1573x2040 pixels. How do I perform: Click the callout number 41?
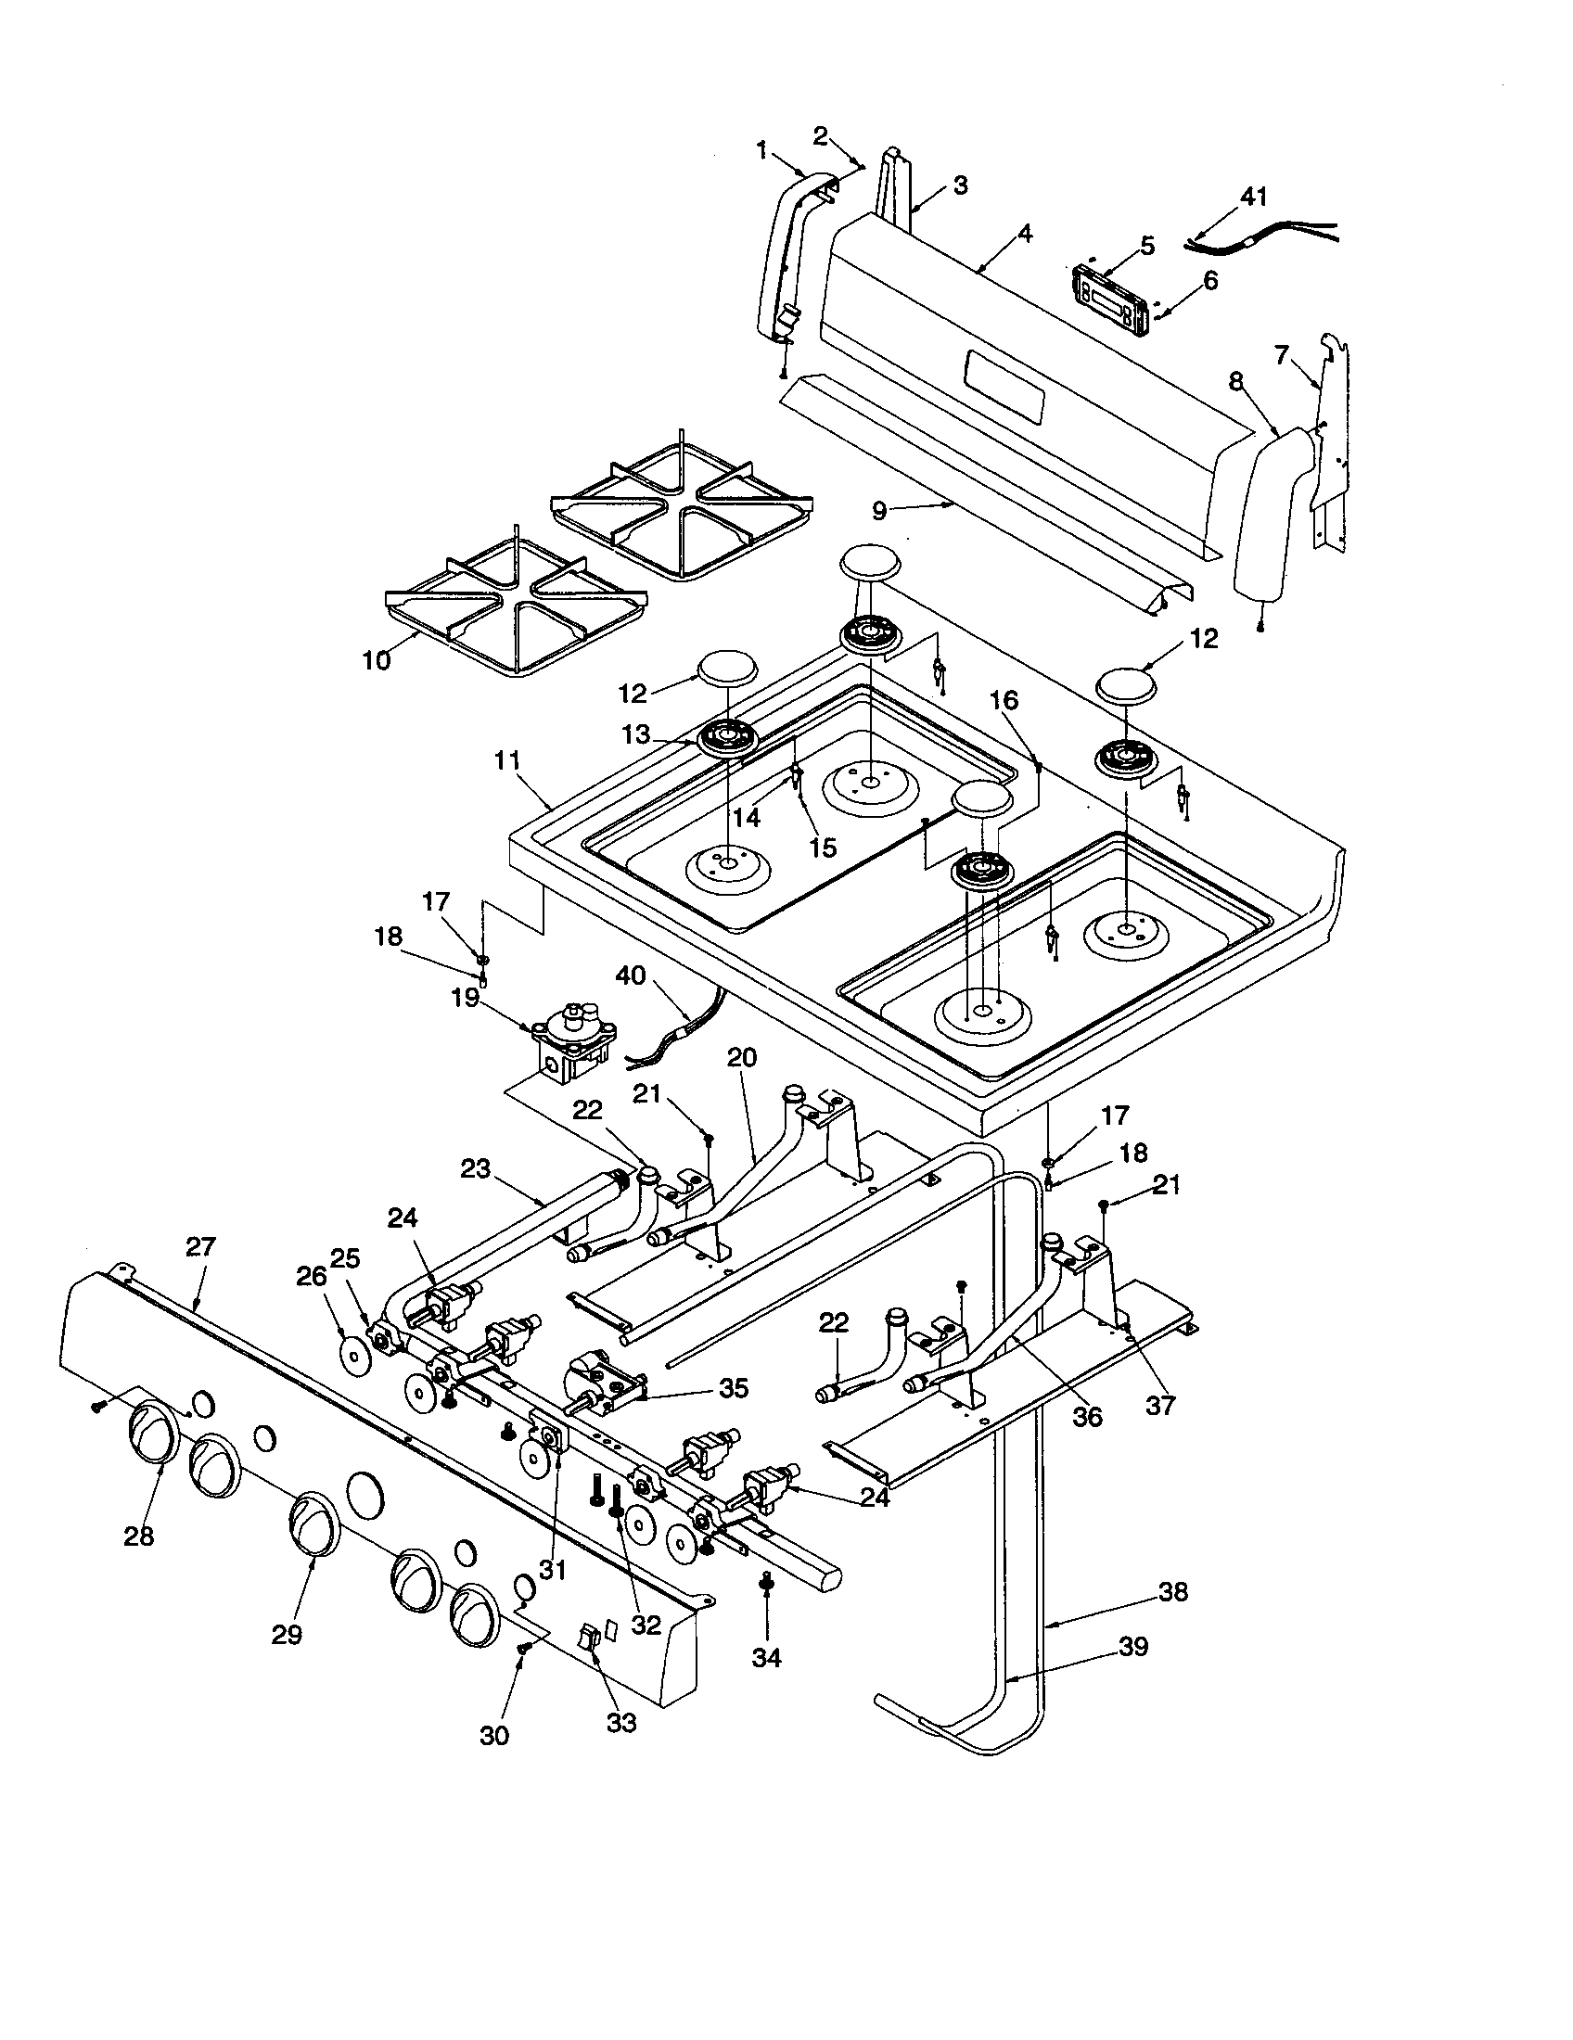click(x=1254, y=198)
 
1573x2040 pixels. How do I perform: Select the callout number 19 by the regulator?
click(x=465, y=998)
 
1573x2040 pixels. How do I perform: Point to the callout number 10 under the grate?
click(x=376, y=659)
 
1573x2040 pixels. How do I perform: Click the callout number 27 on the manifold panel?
click(x=201, y=1246)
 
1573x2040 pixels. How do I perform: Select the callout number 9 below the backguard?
click(x=879, y=510)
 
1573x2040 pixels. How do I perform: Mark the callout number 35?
click(x=734, y=1388)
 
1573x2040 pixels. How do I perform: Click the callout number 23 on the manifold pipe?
click(x=476, y=1168)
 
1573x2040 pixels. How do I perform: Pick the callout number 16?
click(x=1005, y=699)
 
